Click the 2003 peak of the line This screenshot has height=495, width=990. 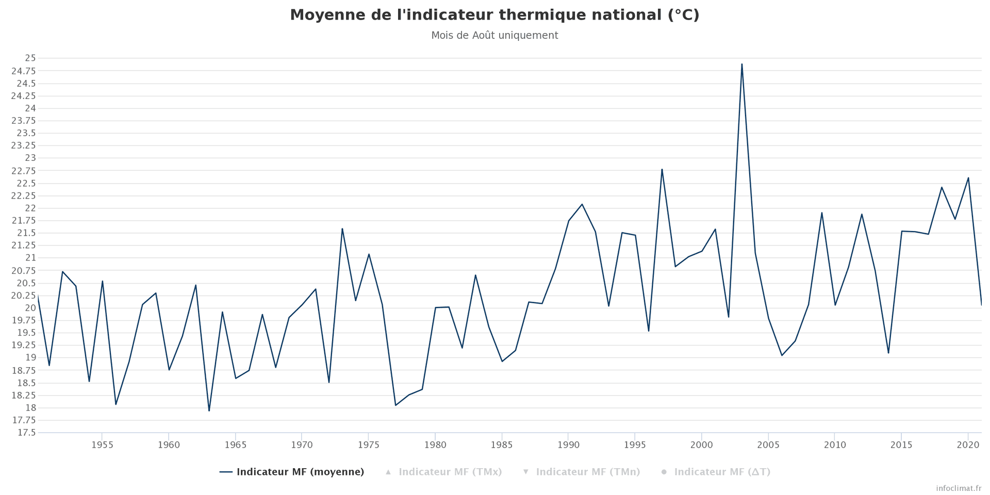741,64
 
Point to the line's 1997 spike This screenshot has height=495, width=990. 662,169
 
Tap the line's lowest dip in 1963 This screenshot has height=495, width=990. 209,410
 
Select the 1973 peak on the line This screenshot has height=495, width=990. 342,228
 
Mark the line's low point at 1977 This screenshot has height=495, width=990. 395,405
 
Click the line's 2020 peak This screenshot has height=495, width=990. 968,178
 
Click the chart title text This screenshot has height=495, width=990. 494,15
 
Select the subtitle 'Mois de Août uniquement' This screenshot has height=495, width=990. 494,36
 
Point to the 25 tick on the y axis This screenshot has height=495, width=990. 30,58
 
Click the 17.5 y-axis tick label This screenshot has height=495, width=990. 27,433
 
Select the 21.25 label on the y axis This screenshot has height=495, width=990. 24,245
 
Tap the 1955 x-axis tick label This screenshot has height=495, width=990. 102,445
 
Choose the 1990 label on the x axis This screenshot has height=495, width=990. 568,445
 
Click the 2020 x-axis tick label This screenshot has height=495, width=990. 968,445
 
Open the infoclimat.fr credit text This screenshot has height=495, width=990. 959,488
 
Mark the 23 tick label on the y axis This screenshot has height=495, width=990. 30,158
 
